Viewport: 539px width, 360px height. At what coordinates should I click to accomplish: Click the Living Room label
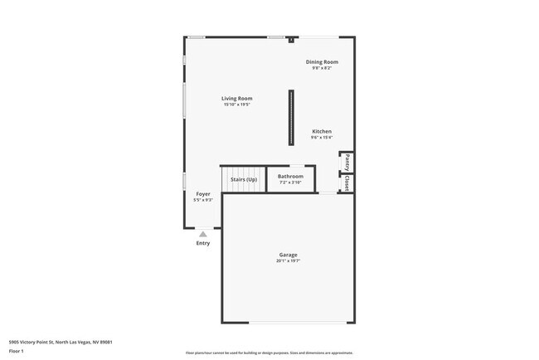(237, 99)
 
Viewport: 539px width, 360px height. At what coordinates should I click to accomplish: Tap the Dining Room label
(322, 62)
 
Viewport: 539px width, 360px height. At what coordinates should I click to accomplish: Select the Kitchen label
(322, 132)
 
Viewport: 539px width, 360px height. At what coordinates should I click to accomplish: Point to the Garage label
(288, 255)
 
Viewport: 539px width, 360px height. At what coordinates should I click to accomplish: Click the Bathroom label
(290, 176)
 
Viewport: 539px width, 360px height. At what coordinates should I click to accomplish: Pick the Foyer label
(203, 194)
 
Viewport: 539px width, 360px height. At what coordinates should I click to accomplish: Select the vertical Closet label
(347, 183)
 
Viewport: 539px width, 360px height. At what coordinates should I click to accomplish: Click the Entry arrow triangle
(203, 235)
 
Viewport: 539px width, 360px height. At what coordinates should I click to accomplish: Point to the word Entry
(203, 243)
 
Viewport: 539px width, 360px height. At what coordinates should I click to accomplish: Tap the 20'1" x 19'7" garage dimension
(288, 261)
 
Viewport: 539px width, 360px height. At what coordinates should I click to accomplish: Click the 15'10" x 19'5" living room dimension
(237, 105)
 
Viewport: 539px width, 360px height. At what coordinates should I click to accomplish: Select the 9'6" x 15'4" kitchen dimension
(322, 138)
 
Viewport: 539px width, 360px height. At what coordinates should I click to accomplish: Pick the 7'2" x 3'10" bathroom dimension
(290, 182)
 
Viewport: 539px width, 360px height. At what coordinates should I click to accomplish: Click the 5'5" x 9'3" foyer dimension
(203, 200)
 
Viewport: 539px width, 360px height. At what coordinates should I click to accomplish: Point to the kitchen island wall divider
(290, 117)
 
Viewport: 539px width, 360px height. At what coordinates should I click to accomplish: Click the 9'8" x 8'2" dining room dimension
(322, 68)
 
